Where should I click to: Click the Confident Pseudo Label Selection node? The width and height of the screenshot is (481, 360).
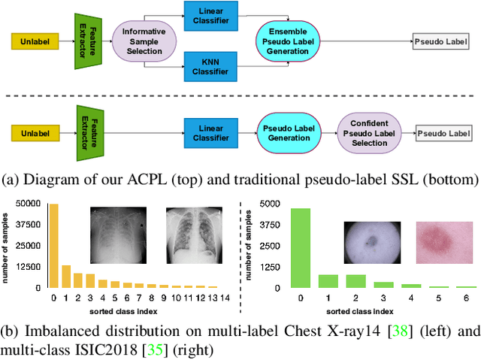pyautogui.click(x=369, y=135)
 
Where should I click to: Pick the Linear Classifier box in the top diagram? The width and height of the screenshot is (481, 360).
pyautogui.click(x=212, y=16)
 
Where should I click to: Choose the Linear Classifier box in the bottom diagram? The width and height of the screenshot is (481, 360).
pyautogui.click(x=212, y=135)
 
